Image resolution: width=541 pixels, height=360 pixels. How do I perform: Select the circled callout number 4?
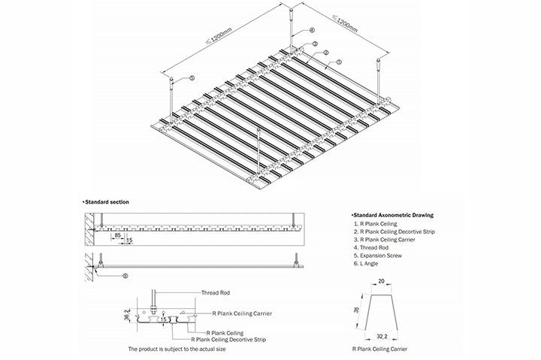click(310, 31)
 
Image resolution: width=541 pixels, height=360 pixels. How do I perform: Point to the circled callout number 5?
click(192, 77)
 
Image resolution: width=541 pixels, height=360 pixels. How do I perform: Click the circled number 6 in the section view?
click(125, 275)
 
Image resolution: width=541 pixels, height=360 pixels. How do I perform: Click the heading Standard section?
click(107, 202)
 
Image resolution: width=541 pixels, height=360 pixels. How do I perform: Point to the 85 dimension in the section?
click(118, 235)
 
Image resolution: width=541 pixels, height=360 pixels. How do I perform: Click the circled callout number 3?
click(315, 44)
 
